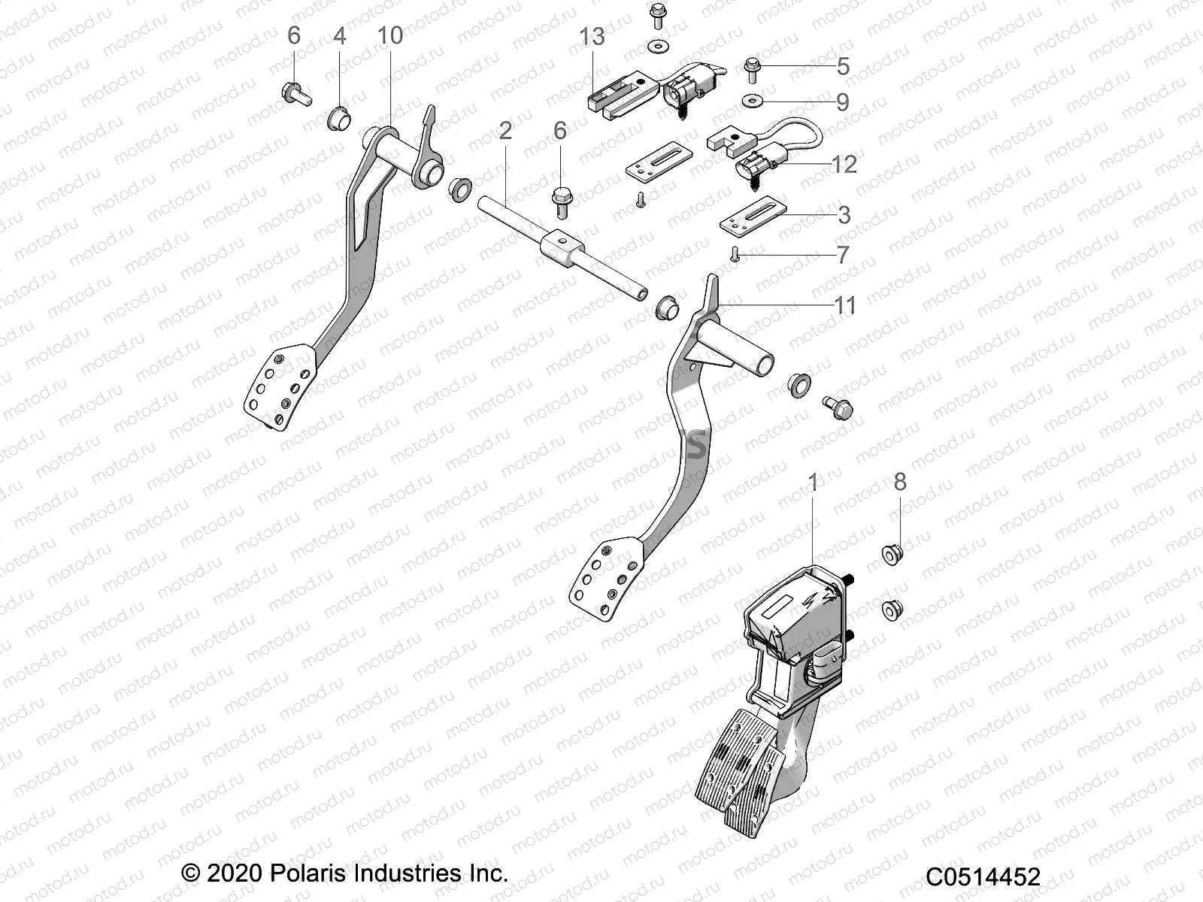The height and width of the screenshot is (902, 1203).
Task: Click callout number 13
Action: coord(592,35)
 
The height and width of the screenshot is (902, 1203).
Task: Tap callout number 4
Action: coord(340,35)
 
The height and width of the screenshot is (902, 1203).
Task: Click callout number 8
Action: coord(900,481)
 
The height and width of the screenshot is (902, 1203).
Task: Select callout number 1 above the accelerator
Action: coord(812,481)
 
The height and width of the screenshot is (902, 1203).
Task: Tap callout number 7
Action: coord(843,254)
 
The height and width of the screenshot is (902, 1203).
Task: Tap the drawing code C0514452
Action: coord(983,876)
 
